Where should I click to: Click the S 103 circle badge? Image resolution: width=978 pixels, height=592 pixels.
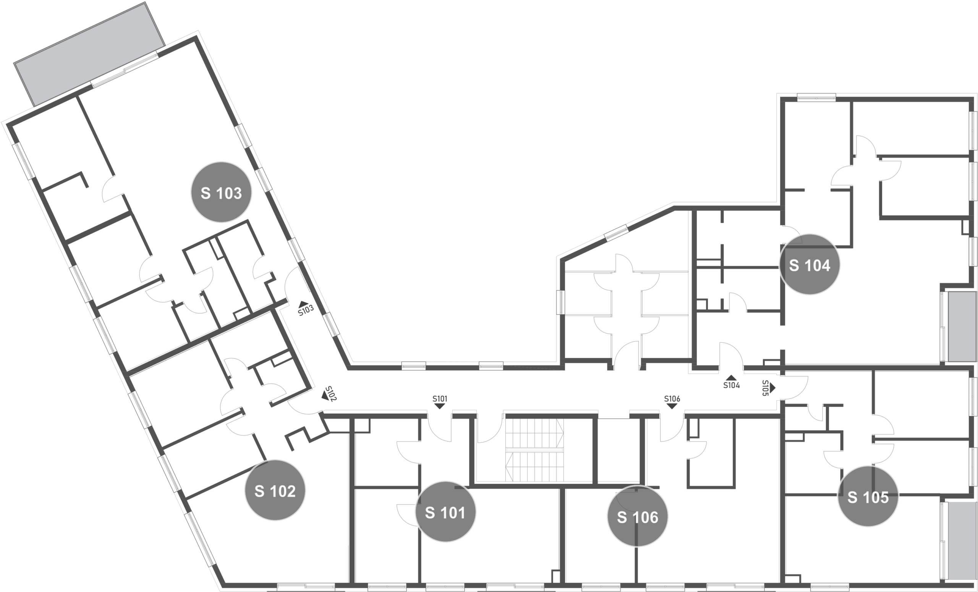point(221,192)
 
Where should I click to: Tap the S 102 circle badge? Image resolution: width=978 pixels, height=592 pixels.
point(275,490)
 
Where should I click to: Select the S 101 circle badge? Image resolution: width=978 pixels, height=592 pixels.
point(445,511)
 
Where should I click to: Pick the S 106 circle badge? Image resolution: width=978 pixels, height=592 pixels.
point(638,516)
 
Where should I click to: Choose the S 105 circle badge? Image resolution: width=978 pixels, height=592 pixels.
point(868,496)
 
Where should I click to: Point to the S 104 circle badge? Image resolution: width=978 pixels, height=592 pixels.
point(810,264)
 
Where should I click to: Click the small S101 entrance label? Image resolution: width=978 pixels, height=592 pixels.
point(440,399)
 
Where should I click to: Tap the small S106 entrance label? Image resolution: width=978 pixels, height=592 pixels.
point(672,399)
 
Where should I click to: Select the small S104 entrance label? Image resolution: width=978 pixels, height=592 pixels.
point(732,385)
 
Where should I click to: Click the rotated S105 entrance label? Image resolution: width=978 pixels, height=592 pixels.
point(766,388)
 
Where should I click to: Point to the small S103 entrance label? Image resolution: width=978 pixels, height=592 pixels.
point(306,310)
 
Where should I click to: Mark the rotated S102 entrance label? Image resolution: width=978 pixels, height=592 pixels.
point(330,394)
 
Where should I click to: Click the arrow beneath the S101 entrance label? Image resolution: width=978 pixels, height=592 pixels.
point(440,406)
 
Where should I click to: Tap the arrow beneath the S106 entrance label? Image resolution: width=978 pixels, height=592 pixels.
point(672,406)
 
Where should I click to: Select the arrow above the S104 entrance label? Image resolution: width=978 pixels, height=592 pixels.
point(731,378)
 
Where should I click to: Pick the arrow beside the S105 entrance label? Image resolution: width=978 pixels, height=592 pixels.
point(773,388)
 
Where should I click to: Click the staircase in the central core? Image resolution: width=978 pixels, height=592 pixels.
point(534,450)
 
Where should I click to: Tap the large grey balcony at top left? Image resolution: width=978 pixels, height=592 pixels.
point(89,54)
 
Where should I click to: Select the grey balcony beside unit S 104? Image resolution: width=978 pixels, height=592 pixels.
point(962,327)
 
